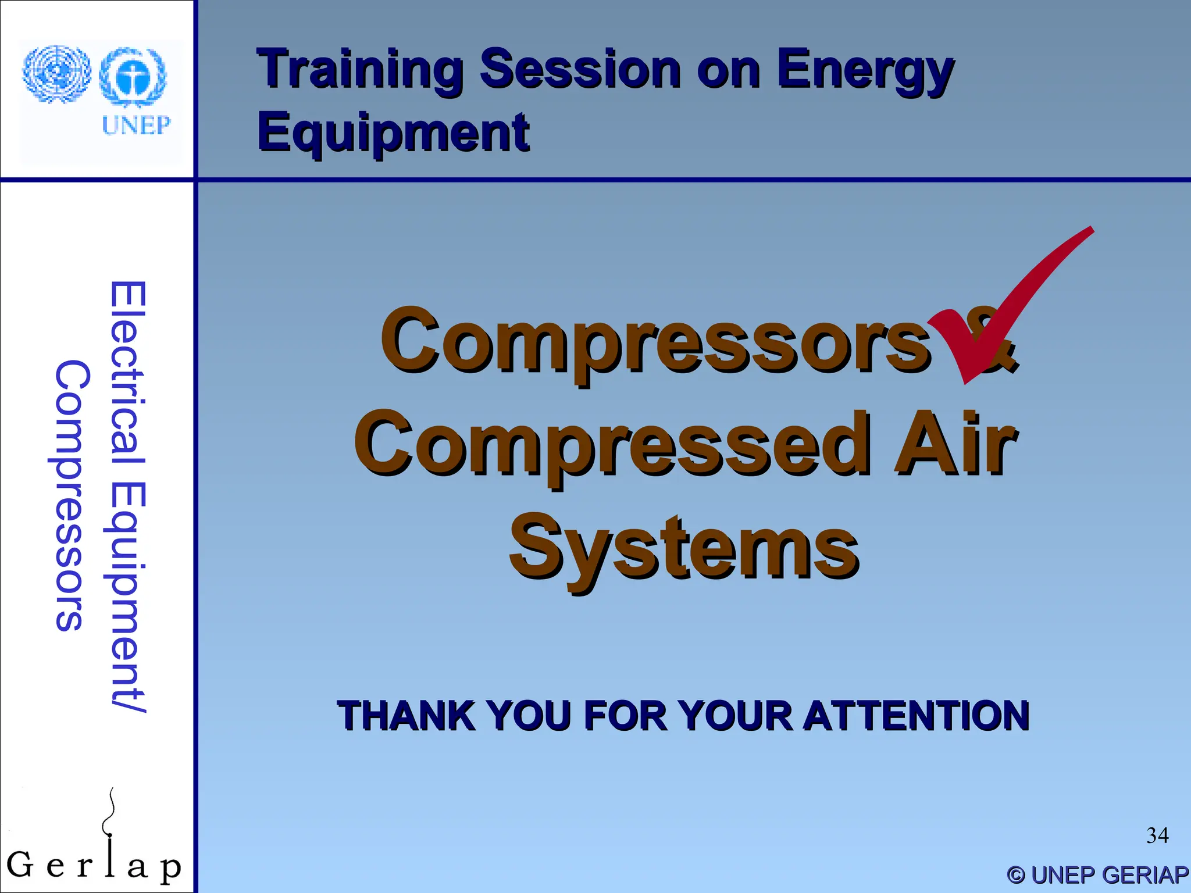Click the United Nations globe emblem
[56, 74]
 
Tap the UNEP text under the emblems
[136, 125]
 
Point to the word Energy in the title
[865, 71]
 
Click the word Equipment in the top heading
[393, 133]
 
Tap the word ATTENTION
[917, 716]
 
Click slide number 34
[1157, 835]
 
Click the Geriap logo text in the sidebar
[93, 866]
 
